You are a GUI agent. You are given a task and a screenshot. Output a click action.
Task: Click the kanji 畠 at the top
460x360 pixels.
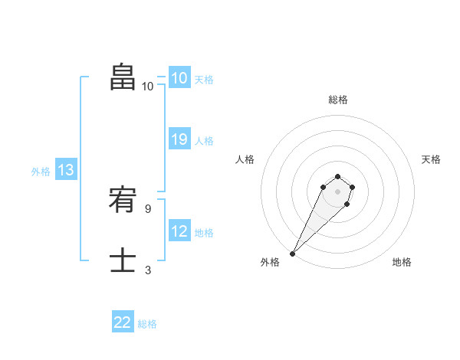[x=123, y=77]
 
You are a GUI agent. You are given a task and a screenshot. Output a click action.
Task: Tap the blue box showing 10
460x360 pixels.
[x=179, y=78]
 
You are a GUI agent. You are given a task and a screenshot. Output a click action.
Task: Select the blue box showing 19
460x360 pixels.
[x=179, y=139]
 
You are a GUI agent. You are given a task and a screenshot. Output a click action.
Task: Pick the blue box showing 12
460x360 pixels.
[x=179, y=231]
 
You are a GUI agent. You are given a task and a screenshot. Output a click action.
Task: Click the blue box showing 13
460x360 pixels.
[x=66, y=171]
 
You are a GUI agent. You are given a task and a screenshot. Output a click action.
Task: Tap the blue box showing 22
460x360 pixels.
[x=123, y=322]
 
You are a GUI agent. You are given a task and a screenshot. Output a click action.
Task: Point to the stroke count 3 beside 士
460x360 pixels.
[x=149, y=270]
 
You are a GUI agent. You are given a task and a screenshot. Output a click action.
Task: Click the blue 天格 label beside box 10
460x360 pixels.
[x=204, y=80]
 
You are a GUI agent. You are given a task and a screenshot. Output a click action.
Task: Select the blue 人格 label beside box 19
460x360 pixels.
[x=204, y=141]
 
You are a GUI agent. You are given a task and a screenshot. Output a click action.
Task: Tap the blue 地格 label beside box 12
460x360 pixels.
[x=204, y=233]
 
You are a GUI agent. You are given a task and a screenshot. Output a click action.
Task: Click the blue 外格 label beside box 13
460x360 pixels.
[x=41, y=172]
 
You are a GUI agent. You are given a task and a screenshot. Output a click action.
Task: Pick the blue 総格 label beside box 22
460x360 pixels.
[x=147, y=324]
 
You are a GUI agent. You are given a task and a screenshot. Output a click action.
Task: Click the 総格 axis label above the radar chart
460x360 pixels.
[x=338, y=100]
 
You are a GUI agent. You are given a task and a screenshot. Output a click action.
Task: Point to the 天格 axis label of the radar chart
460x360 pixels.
[x=431, y=159]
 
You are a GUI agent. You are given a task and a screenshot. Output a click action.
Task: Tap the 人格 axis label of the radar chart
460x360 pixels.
[x=245, y=159]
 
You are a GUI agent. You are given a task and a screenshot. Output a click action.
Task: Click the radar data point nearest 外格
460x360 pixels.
[x=293, y=253]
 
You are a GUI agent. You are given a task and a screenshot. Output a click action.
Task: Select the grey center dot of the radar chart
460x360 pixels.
[x=338, y=191]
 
